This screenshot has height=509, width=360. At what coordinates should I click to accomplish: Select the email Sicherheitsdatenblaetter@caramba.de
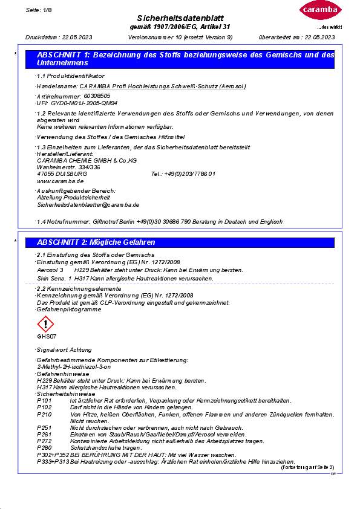point(88,205)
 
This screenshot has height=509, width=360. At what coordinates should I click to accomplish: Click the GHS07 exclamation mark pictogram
point(47,325)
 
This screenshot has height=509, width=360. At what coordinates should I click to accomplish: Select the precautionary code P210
point(44,414)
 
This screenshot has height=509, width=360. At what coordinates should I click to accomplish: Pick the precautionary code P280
point(44,447)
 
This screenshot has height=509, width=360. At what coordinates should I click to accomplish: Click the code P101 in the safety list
point(44,400)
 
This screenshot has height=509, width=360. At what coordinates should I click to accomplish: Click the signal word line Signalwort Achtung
point(65,350)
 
